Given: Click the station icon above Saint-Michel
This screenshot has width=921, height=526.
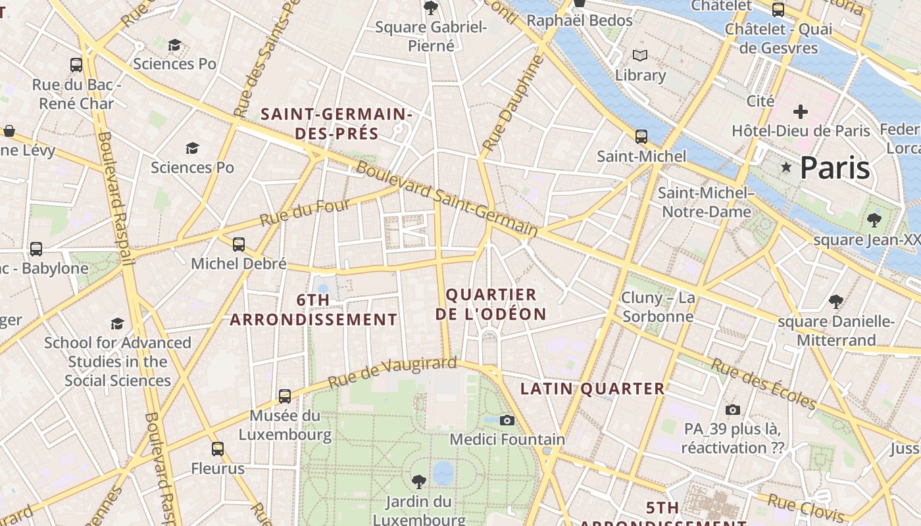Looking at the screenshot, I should pos(641,137).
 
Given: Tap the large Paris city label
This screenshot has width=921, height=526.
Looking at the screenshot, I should pos(835,168).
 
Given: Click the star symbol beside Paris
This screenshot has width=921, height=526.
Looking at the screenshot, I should pos(785,168).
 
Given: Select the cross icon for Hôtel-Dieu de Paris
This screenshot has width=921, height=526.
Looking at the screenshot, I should pos(800,111).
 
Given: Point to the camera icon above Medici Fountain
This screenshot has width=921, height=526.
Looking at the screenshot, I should pos(507,420).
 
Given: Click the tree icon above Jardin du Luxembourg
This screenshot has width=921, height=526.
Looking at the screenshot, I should pos(418,482).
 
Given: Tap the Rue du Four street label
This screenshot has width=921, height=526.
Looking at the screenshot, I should pos(305,212).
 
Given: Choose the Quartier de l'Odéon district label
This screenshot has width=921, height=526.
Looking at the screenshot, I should pos(491,304).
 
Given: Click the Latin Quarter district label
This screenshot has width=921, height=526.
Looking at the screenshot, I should pos(593,389).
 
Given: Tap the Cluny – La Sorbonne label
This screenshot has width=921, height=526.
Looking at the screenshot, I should pos(658,307).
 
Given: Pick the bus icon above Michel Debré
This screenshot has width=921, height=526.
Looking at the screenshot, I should pos(239,245).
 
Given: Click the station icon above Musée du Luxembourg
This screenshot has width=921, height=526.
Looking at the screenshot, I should pos(285,396).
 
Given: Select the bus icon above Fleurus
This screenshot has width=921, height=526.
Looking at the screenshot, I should pos(218,449).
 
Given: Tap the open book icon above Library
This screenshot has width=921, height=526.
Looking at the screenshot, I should pos(640,56).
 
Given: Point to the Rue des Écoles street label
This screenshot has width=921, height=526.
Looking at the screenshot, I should pos(764,384).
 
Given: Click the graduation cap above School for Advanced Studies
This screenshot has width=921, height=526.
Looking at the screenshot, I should pos(118,323).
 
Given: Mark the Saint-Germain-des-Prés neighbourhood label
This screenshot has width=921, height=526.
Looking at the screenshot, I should pos(336,124).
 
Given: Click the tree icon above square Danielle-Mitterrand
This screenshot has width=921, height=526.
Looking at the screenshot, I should pos(836,302).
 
